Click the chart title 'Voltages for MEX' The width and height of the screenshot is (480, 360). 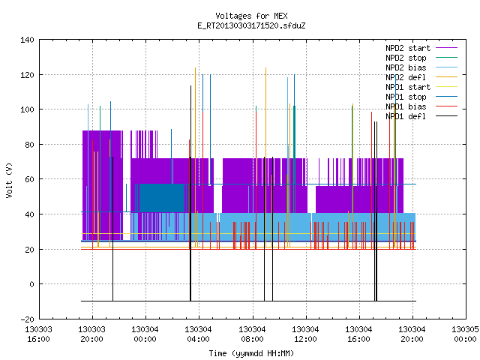pyautogui.click(x=251, y=16)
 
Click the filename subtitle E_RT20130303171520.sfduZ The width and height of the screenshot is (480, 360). pyautogui.click(x=251, y=25)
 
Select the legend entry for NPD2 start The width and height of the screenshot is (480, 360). pyautogui.click(x=408, y=48)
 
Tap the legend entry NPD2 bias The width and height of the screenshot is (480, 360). pyautogui.click(x=406, y=67)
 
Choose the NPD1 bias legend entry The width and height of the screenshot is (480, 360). pyautogui.click(x=406, y=106)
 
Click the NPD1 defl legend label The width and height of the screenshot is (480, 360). pyautogui.click(x=406, y=116)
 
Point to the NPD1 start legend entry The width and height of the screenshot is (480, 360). pyautogui.click(x=408, y=87)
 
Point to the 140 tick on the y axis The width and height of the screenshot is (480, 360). pyautogui.click(x=27, y=40)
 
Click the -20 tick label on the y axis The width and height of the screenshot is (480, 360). pyautogui.click(x=27, y=319)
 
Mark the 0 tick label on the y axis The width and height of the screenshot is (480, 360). pyautogui.click(x=31, y=284)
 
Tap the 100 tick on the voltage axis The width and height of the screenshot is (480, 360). pyautogui.click(x=27, y=109)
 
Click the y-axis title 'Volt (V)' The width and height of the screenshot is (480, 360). pyautogui.click(x=9, y=180)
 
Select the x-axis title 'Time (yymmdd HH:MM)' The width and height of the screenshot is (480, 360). pyautogui.click(x=251, y=353)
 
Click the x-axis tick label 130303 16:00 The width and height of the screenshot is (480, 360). pyautogui.click(x=38, y=334)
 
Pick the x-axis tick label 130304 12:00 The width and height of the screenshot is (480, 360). pyautogui.click(x=305, y=334)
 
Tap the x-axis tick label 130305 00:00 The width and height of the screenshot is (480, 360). pyautogui.click(x=465, y=334)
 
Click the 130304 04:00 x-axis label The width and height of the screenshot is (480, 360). pyautogui.click(x=198, y=334)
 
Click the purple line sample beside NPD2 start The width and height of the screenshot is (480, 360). pyautogui.click(x=447, y=48)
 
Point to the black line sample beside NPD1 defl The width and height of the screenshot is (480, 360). pyautogui.click(x=447, y=116)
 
